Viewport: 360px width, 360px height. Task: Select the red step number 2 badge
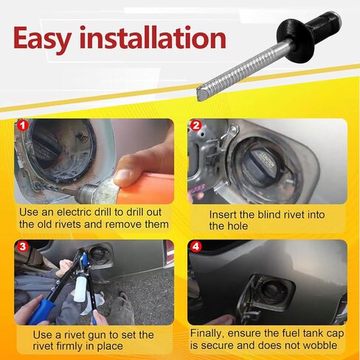click(x=195, y=126)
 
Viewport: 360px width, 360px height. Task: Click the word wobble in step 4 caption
click(x=322, y=346)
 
